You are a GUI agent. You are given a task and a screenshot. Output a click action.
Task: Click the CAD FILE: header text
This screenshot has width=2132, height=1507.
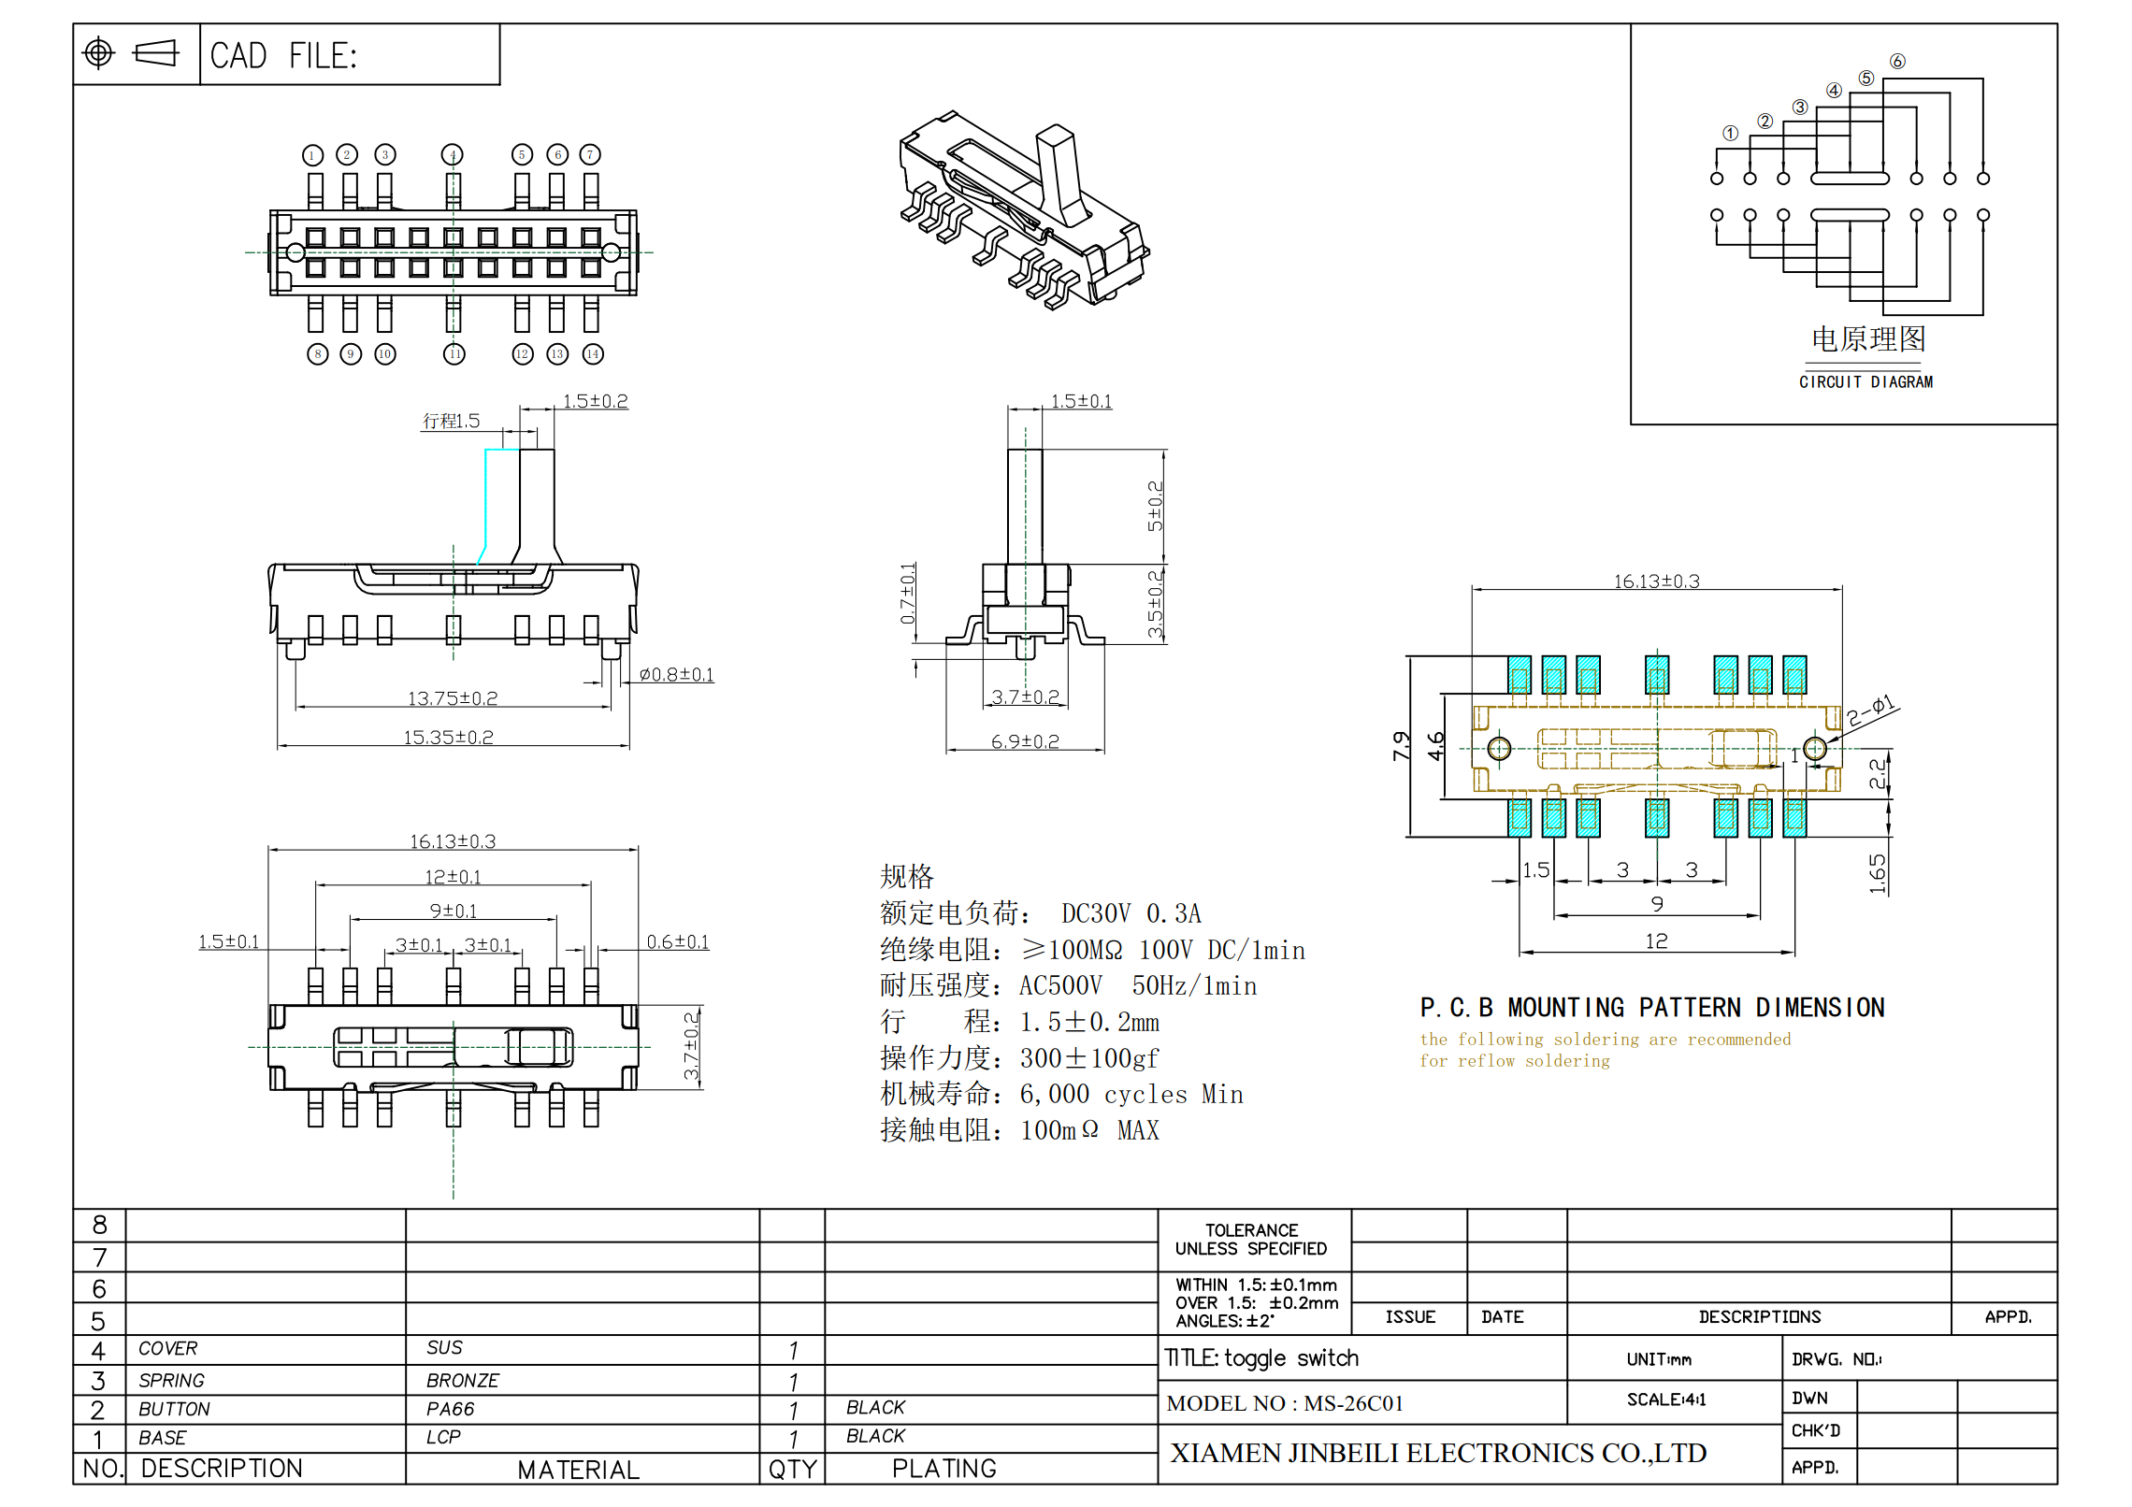pos(283,56)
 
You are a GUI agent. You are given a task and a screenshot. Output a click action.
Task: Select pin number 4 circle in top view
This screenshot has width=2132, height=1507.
pos(453,155)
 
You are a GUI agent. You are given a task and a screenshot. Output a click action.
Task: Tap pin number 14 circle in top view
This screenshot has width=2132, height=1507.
pos(593,354)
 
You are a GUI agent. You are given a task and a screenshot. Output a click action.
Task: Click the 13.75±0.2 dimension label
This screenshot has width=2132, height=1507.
pos(453,698)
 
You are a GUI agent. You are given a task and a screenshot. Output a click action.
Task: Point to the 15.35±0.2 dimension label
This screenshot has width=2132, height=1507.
pos(449,738)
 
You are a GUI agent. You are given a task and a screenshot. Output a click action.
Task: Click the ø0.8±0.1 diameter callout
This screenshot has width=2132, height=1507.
pos(676,675)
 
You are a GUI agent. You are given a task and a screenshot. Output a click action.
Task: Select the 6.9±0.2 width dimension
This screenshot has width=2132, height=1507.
pos(1025,742)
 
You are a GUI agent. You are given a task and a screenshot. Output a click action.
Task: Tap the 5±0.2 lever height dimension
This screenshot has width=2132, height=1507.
pos(1156,506)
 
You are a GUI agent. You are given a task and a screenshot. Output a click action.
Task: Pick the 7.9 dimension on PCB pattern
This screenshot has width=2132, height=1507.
pos(1400,745)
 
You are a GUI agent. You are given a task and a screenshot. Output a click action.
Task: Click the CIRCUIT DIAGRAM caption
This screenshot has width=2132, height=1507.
pos(1865,382)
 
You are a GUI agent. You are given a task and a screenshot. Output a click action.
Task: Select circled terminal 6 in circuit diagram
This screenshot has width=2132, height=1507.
pos(1897,62)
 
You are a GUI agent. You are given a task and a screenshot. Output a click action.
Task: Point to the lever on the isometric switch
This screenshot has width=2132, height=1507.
pos(1062,173)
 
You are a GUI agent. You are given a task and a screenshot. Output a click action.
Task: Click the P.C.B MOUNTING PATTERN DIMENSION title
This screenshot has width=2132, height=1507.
pos(1651,1008)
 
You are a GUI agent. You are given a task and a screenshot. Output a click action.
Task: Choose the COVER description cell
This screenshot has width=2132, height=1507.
pos(168,1349)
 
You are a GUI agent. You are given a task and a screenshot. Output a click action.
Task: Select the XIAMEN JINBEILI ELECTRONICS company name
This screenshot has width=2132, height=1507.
pos(1438,1454)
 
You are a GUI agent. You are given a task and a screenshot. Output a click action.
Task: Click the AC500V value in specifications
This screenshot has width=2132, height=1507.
pos(1060,986)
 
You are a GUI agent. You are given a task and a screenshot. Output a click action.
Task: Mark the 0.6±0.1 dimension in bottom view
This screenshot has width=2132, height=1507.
pos(678,942)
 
